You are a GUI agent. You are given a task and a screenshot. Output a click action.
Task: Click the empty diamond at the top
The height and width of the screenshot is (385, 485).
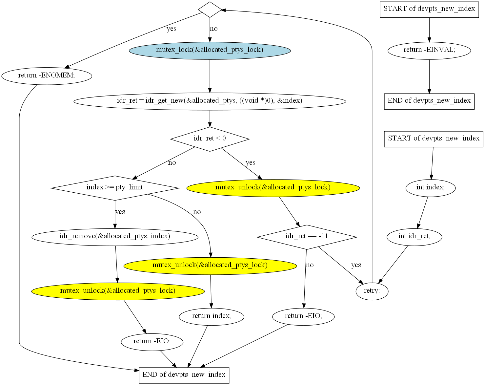pos(210,10)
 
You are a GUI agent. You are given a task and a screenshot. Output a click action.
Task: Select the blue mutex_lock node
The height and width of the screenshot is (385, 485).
pos(210,51)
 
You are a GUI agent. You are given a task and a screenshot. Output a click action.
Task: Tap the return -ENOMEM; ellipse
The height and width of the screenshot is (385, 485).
pos(47,76)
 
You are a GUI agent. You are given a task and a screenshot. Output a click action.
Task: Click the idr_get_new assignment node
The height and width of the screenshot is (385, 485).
pos(210,101)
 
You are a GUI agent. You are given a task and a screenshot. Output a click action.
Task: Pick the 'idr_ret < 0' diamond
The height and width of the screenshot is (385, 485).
pos(210,139)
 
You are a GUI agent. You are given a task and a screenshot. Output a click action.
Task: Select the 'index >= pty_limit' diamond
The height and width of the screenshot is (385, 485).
pos(115,188)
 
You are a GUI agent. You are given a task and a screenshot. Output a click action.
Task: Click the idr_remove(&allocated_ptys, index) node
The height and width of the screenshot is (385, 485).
pos(115,237)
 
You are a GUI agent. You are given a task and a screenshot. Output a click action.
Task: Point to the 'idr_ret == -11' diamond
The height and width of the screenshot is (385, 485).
pos(307,237)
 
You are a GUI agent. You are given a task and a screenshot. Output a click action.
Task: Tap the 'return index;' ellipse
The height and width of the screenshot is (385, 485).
pos(212,317)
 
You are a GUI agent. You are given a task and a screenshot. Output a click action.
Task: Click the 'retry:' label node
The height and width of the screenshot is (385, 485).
pos(372,291)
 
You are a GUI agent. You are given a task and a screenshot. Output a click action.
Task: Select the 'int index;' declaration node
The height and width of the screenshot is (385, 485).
pos(431,188)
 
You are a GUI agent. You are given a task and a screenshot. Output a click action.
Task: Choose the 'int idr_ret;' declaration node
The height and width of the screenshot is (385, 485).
pos(414,237)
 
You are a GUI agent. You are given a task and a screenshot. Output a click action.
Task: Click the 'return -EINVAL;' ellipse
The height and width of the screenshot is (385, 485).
pos(429,51)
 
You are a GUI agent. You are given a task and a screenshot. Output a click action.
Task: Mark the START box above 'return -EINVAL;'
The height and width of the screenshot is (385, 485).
pos(429,10)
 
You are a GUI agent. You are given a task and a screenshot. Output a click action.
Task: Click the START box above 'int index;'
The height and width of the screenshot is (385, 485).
pos(434,139)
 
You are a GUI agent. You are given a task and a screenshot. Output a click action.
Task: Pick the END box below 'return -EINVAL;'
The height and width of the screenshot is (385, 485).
pos(429,101)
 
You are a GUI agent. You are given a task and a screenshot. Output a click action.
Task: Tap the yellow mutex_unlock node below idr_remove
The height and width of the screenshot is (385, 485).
pos(118,291)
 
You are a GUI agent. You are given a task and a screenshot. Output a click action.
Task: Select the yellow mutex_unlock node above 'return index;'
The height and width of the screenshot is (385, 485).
pos(210,266)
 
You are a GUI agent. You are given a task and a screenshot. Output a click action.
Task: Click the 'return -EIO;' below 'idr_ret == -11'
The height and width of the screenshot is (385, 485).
pos(303,317)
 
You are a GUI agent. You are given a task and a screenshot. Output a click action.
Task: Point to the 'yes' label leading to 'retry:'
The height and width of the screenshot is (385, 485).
pos(356,265)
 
